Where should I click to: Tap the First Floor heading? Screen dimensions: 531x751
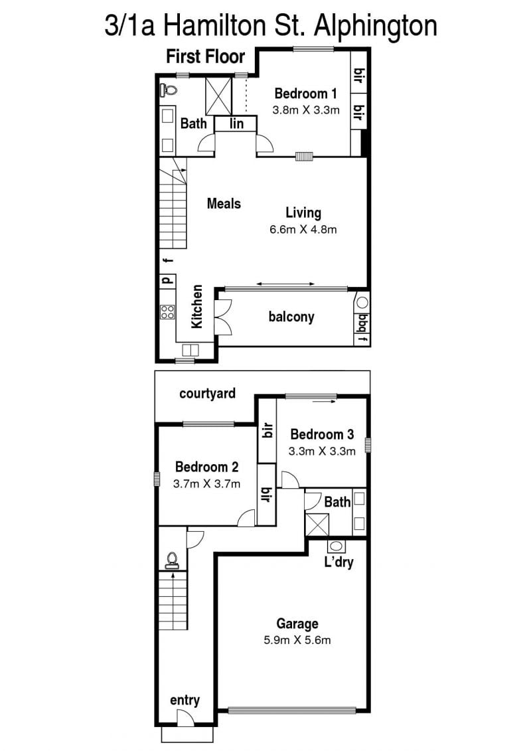205,56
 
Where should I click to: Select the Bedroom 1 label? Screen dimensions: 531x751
305,94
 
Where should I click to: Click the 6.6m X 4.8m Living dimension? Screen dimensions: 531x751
303,230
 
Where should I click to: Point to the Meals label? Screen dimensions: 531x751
224,204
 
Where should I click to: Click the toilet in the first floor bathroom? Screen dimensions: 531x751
168,88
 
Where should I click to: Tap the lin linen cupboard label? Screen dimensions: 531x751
236,124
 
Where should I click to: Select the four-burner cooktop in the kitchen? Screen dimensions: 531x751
167,312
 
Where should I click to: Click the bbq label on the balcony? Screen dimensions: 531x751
362,322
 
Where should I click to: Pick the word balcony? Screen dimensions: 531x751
291,317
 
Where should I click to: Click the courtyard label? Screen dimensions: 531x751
207,394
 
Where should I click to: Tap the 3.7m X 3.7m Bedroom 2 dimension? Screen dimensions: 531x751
206,484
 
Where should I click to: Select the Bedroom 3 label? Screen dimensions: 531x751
322,434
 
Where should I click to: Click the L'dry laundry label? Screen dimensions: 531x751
339,561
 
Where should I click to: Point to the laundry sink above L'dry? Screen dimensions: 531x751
336,546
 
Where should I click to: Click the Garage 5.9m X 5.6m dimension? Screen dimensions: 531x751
297,640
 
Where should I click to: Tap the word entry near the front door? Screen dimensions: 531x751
185,701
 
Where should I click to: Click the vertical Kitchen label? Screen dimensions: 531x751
196,307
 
